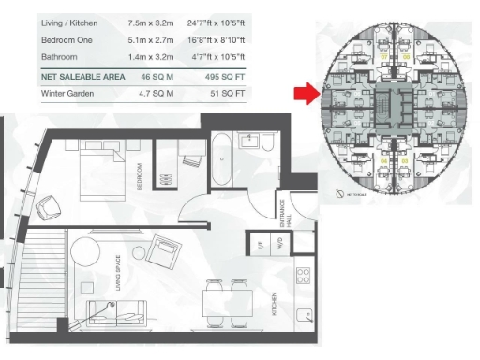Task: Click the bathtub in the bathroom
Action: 224,160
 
